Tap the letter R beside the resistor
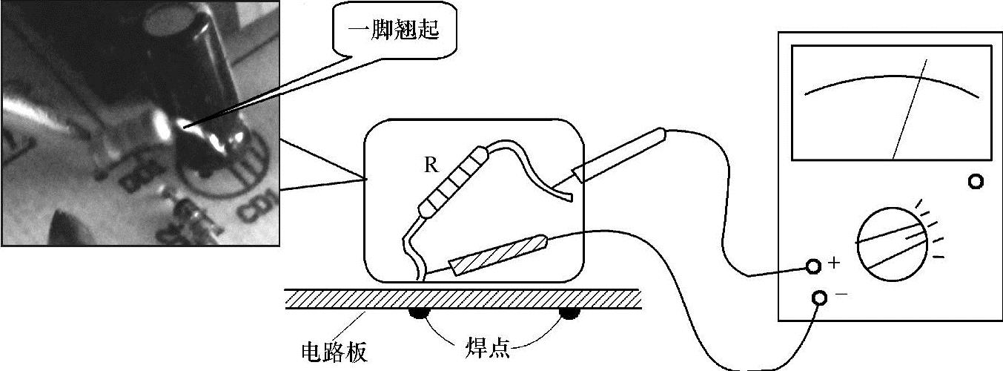431,165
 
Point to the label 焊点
488,347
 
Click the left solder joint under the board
418,314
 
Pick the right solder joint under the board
569,314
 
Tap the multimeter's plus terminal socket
812,266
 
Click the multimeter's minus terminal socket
819,298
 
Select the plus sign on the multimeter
833,263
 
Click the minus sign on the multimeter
841,294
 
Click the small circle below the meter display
976,181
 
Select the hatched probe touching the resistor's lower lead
498,253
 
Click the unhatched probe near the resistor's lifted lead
619,155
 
